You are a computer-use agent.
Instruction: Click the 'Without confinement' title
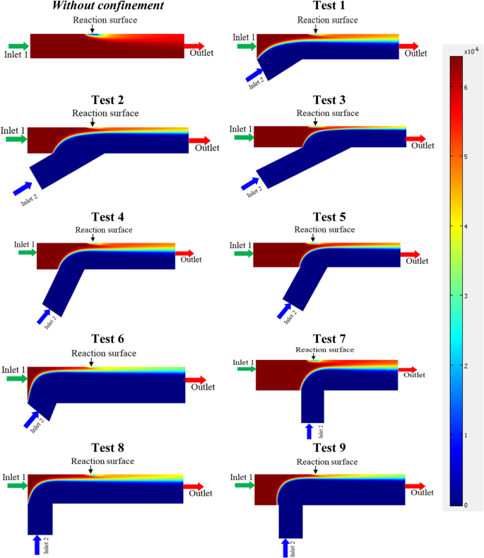[108, 6]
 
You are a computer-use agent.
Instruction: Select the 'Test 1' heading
[329, 6]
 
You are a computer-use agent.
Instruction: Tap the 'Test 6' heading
[107, 339]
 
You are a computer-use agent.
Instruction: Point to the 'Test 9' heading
[329, 448]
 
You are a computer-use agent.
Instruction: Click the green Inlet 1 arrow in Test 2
[16, 139]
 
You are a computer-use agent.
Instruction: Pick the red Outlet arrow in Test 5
[410, 255]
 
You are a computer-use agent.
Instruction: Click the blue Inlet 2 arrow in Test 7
[309, 431]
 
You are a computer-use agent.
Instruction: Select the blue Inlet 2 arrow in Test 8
[37, 545]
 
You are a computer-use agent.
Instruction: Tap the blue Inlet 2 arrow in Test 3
[250, 184]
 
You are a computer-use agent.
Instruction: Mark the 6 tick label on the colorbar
[466, 87]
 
